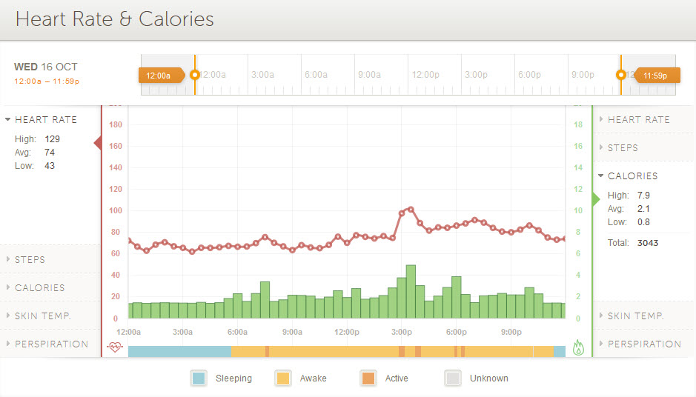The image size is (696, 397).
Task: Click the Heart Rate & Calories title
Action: tap(114, 19)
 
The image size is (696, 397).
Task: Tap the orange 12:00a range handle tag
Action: tap(159, 75)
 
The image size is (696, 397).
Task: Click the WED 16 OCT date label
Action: tap(45, 67)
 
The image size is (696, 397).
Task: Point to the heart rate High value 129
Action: tap(52, 139)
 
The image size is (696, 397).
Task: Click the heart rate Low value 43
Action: tap(49, 165)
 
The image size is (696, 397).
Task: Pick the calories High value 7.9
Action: tap(643, 195)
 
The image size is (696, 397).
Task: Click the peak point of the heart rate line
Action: tap(411, 209)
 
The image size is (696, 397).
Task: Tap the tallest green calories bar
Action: tap(411, 292)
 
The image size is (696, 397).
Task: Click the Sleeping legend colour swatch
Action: tap(199, 378)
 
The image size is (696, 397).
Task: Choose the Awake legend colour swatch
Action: tap(283, 378)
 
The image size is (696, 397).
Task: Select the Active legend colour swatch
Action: tap(368, 378)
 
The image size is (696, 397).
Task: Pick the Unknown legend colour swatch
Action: tap(452, 378)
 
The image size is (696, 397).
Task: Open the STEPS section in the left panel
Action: tap(30, 259)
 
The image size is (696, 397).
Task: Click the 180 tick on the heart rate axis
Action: tap(115, 124)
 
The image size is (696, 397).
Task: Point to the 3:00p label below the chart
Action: tap(401, 332)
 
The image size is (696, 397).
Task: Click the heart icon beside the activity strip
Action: tap(114, 346)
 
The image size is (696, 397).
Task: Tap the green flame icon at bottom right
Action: tap(579, 347)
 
